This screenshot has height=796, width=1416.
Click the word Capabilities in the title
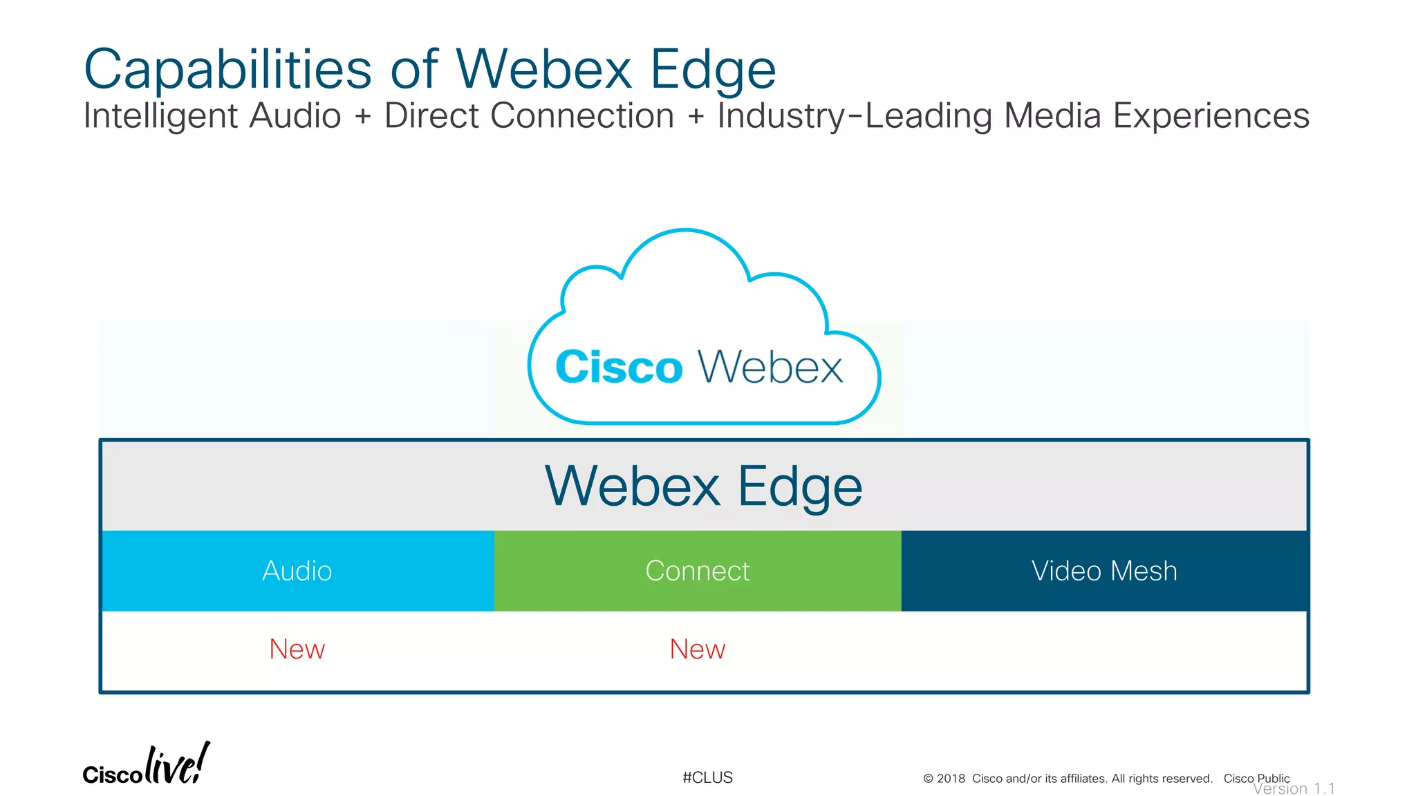click(227, 70)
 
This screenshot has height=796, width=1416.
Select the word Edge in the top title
click(713, 70)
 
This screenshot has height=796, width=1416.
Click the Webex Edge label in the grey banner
click(703, 486)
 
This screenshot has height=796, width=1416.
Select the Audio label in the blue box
click(297, 571)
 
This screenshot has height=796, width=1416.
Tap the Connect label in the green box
click(697, 571)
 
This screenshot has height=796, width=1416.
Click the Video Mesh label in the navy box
click(1104, 571)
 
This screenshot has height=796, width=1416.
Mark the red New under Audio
click(297, 650)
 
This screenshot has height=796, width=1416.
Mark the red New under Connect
click(697, 650)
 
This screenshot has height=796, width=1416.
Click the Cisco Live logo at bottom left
click(146, 766)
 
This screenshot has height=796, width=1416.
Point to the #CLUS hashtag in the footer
click(707, 778)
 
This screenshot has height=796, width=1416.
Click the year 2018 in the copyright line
click(951, 779)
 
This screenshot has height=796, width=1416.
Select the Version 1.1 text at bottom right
click(1294, 789)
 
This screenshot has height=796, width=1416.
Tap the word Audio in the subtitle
click(295, 115)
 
